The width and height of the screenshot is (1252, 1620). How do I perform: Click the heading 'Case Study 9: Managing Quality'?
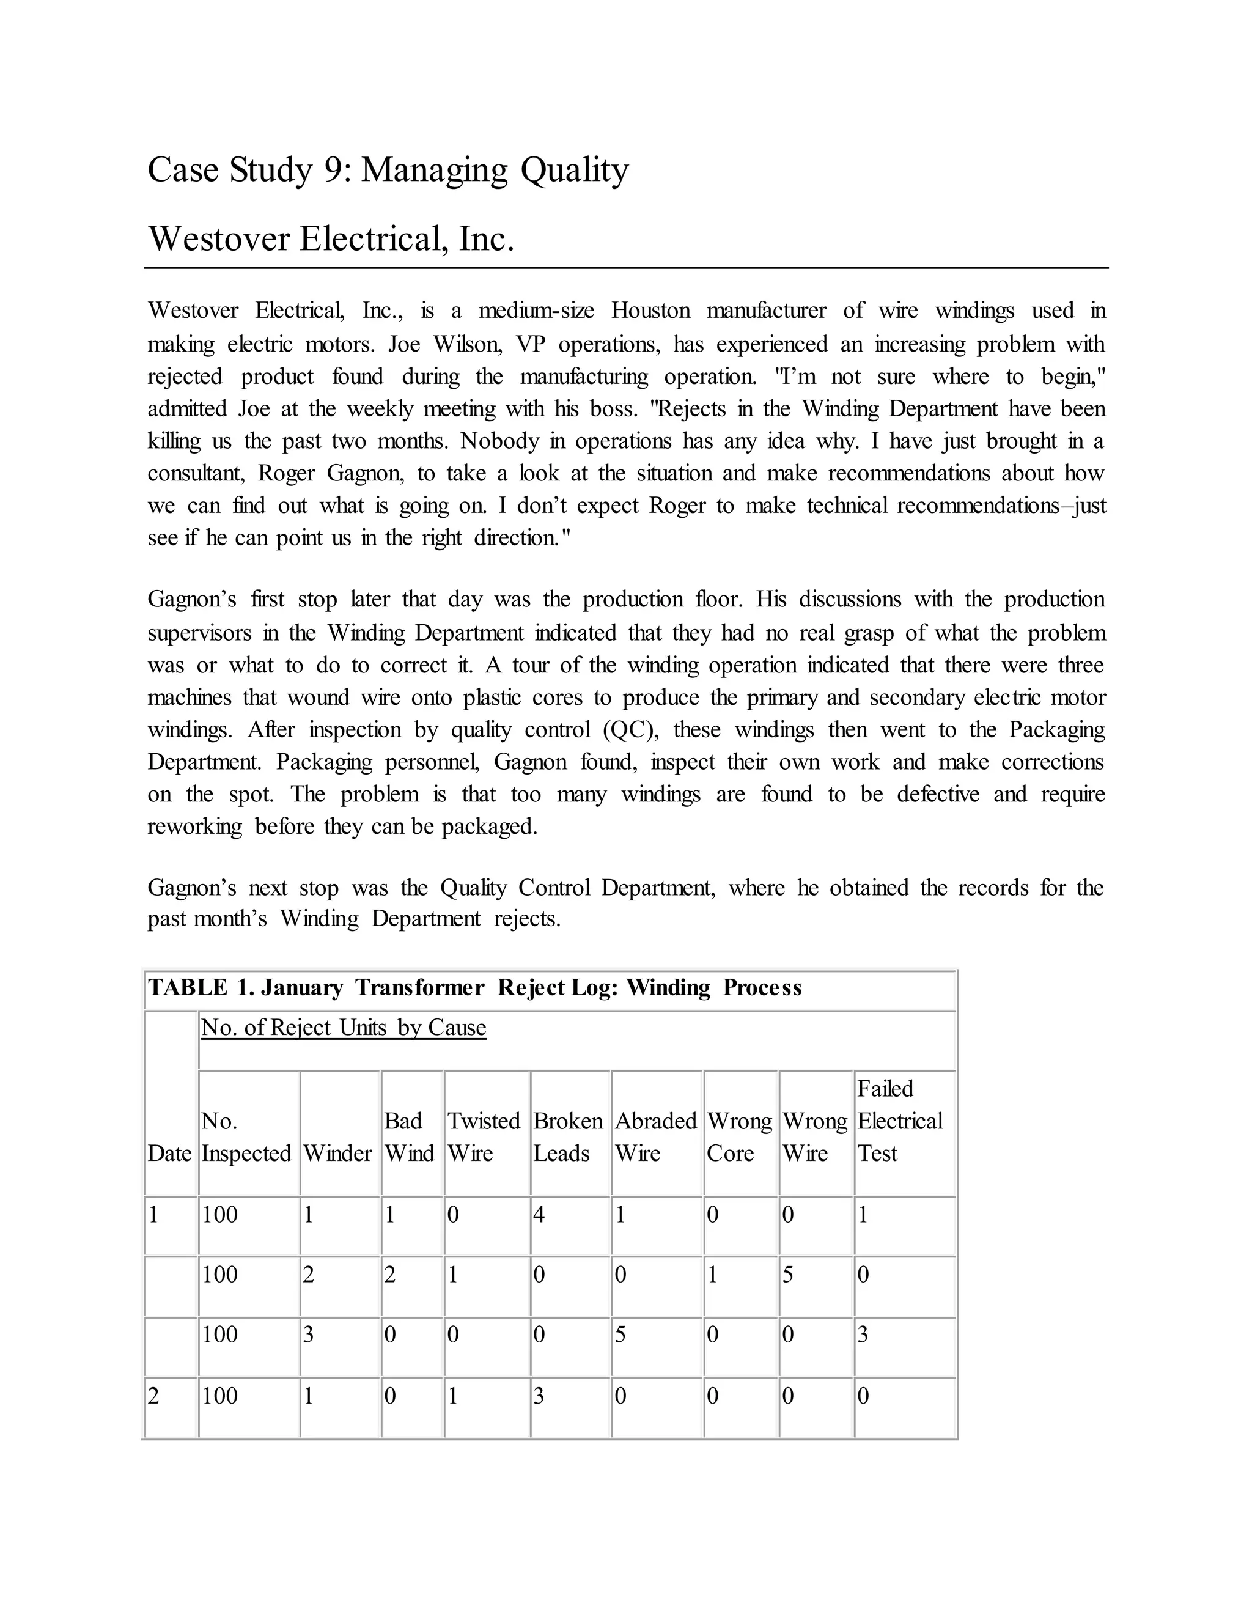click(x=388, y=170)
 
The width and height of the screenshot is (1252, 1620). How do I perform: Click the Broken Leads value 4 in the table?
click(x=539, y=1215)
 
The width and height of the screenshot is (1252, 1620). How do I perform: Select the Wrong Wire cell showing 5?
click(x=789, y=1275)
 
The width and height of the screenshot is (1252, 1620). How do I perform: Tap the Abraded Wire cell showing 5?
click(x=620, y=1335)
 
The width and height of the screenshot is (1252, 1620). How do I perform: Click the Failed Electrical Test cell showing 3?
click(x=863, y=1335)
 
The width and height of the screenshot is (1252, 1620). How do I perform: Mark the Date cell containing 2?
click(x=153, y=1396)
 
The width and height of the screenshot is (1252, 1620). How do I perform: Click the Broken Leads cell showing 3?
click(x=539, y=1396)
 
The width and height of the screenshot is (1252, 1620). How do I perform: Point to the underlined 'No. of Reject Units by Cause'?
click(x=344, y=1028)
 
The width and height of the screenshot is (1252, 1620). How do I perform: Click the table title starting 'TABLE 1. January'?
click(x=474, y=987)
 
